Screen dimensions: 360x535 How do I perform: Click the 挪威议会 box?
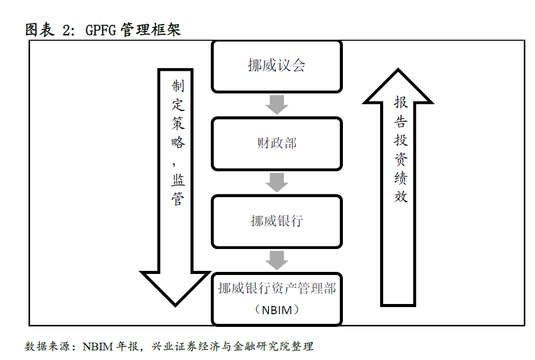277,66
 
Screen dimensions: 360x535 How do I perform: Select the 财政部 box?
277,144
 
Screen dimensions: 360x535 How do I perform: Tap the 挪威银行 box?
277,221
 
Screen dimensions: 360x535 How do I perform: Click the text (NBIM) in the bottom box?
277,309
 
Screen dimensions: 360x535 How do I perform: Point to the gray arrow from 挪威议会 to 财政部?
277,105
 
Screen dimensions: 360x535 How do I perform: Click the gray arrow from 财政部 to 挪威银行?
277,182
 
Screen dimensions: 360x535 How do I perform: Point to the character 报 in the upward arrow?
401,102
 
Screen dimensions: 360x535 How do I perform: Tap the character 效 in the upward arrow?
401,197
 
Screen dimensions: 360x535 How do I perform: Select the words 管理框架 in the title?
151,30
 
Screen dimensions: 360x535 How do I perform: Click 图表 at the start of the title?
40,30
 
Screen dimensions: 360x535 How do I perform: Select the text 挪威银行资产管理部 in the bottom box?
277,289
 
